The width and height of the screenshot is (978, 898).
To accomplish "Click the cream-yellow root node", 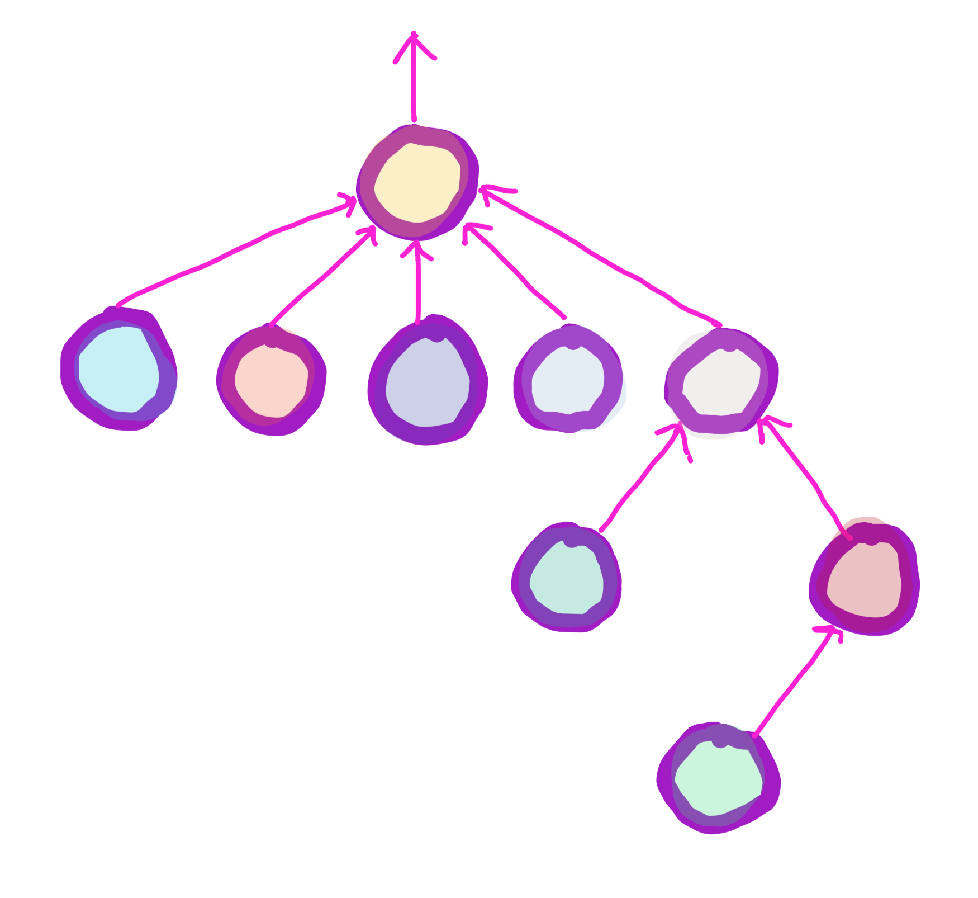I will click(x=417, y=182).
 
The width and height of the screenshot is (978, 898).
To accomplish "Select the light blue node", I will click(x=118, y=370).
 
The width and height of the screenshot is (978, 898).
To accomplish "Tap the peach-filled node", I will click(x=272, y=381).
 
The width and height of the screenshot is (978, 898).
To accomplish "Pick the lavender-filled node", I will click(x=428, y=382).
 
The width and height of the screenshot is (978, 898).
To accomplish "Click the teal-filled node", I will click(x=566, y=579).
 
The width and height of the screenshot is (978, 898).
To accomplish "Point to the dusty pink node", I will click(x=864, y=580).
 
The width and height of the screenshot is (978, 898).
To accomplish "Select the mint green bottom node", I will click(x=719, y=778).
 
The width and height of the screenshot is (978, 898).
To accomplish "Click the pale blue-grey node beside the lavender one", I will click(x=568, y=380).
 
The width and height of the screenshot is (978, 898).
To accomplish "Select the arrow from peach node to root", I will click(x=321, y=278).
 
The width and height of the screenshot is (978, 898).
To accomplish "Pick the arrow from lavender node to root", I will click(x=417, y=285).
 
